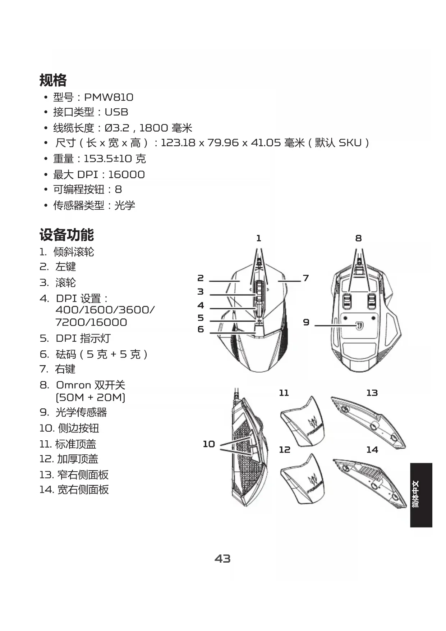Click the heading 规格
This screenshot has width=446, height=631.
[x=53, y=80]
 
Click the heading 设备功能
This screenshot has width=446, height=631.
[x=66, y=235]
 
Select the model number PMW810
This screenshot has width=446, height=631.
[x=109, y=97]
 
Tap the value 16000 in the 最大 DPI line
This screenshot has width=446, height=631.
[x=126, y=174]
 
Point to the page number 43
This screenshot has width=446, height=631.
[x=222, y=558]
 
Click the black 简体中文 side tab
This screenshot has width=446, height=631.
[x=421, y=495]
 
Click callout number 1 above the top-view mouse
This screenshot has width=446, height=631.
[x=258, y=238]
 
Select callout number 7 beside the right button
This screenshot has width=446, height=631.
[x=306, y=278]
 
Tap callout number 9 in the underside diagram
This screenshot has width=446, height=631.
[x=306, y=322]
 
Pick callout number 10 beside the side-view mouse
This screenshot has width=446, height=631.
[x=209, y=444]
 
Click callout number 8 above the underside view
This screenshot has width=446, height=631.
[x=358, y=238]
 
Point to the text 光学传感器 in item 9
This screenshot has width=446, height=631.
[x=81, y=412]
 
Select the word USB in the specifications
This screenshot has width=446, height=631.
[x=116, y=112]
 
